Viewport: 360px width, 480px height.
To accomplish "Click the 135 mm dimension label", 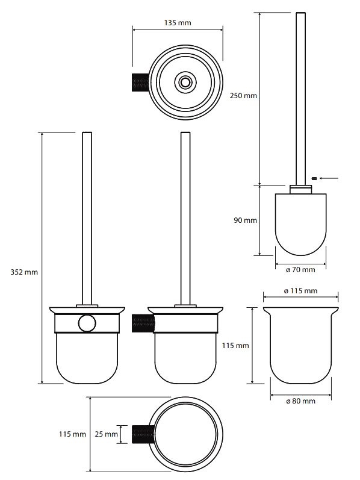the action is point(178,23).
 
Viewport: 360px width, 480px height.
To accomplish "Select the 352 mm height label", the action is point(24,272).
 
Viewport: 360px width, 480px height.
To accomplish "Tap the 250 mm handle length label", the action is point(243,96).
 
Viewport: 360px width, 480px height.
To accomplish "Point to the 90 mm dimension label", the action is point(245,220).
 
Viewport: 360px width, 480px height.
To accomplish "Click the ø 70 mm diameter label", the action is point(300,270).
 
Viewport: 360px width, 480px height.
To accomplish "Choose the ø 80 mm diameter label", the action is point(300,401).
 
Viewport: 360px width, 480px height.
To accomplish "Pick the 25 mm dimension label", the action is point(106,434).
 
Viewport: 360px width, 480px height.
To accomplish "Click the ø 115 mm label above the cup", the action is point(300,290).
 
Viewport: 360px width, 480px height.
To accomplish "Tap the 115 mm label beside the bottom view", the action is point(73,434).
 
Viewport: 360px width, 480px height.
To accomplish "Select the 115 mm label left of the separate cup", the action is point(235,345).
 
